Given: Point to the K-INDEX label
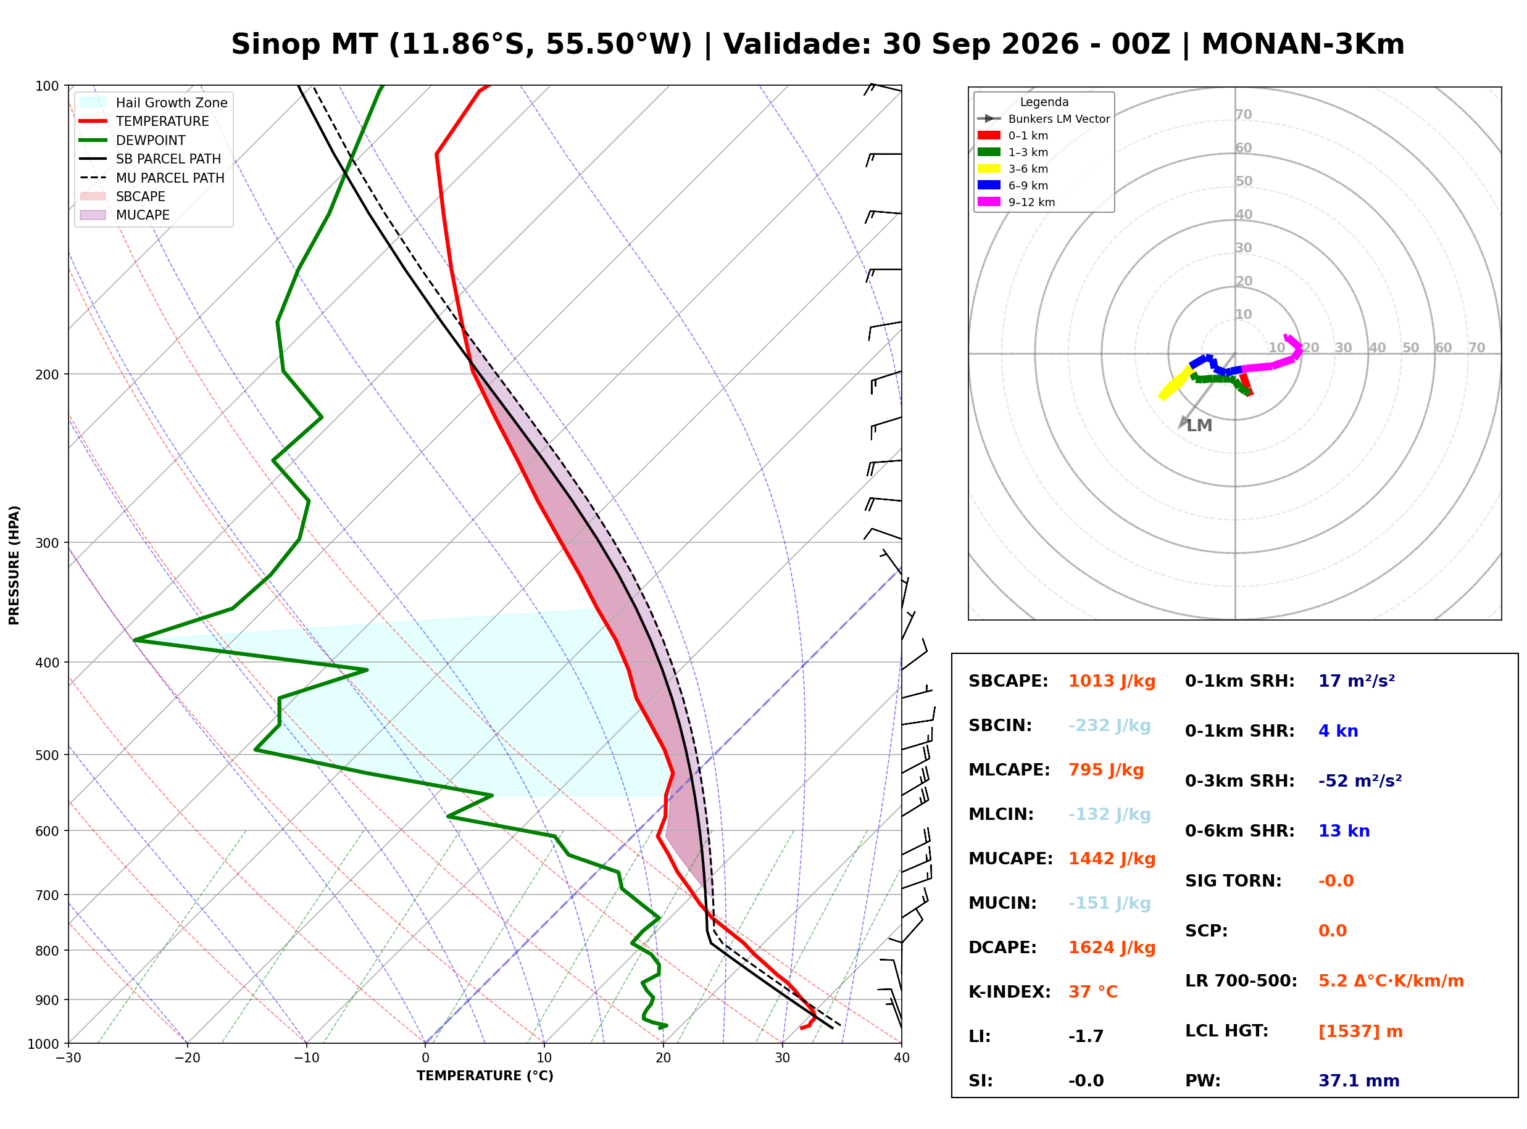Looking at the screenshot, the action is [x=1010, y=992].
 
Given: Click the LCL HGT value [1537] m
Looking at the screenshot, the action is [x=1360, y=1032].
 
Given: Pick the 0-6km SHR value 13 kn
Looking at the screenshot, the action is [x=1344, y=832].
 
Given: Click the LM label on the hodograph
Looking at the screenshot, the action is [x=1200, y=426].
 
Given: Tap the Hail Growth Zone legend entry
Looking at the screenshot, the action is [x=154, y=102].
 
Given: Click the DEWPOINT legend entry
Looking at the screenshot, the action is [x=133, y=140].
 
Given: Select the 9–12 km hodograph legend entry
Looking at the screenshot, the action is [x=1017, y=202].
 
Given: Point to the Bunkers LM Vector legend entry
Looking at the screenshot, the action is [x=1044, y=119].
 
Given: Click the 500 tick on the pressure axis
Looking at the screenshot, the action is [x=48, y=755].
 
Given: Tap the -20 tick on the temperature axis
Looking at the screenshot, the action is [x=186, y=1059].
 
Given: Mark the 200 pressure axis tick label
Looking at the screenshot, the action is [x=48, y=374].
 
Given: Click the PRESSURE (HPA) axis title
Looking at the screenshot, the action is [x=14, y=565].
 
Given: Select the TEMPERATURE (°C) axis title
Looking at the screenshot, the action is [x=485, y=1077].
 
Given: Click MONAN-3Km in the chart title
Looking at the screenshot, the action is [x=1303, y=44].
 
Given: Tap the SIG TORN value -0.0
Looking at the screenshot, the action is [x=1336, y=882].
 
